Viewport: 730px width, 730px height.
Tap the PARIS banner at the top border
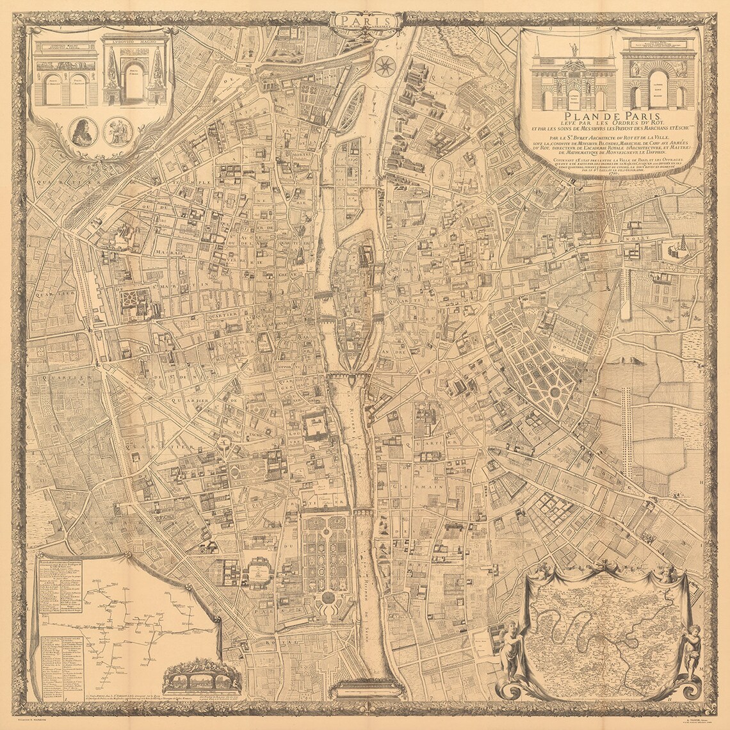(x=366, y=21)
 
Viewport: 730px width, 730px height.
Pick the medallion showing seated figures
(x=118, y=131)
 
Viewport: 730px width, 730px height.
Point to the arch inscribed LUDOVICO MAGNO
(x=133, y=70)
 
